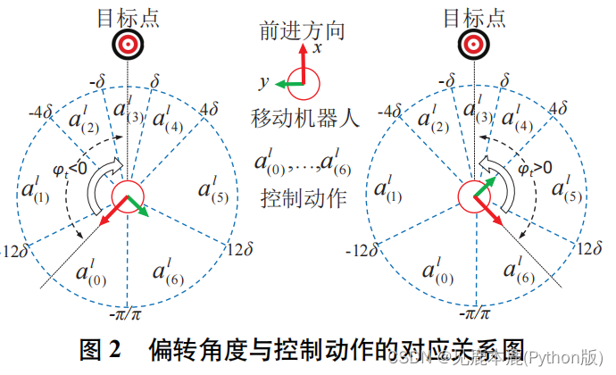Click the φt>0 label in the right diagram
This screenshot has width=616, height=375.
coord(535,166)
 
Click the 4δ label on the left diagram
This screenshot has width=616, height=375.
coord(210,110)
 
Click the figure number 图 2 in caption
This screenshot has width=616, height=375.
coord(105,349)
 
